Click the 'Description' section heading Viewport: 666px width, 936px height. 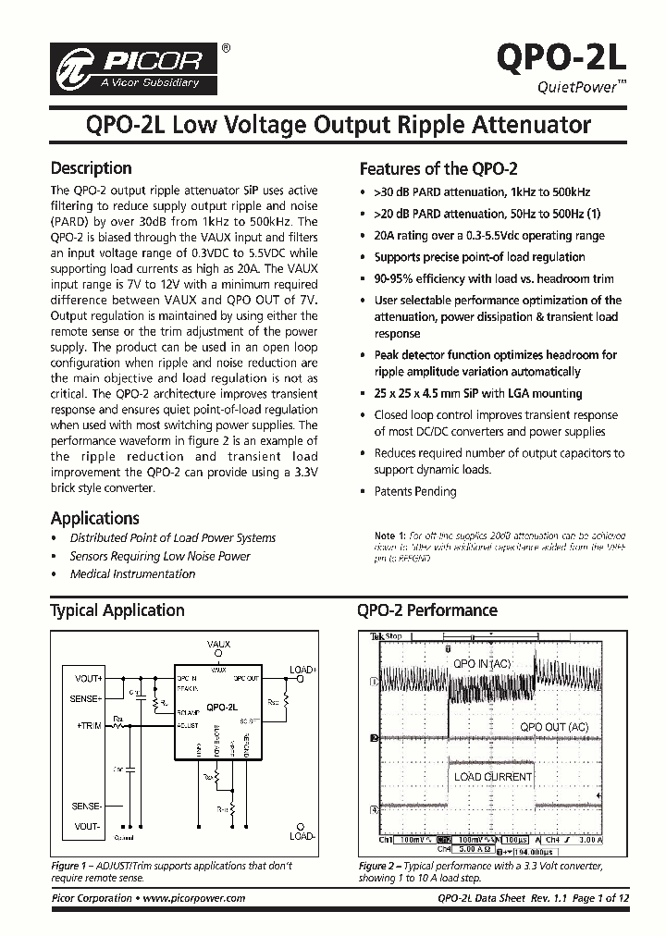91,168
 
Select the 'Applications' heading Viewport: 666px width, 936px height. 94,518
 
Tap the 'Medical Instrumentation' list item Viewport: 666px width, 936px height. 132,574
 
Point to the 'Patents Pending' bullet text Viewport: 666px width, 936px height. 414,492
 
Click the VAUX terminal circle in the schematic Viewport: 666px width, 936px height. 218,653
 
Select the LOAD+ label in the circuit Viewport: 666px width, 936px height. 302,669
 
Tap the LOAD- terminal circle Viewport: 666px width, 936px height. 299,827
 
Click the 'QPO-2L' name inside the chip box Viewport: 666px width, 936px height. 220,708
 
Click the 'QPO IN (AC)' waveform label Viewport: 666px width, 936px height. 481,664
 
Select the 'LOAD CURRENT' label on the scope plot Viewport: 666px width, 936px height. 493,777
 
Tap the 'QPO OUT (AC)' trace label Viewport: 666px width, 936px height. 554,727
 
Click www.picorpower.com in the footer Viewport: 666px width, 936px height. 195,898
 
